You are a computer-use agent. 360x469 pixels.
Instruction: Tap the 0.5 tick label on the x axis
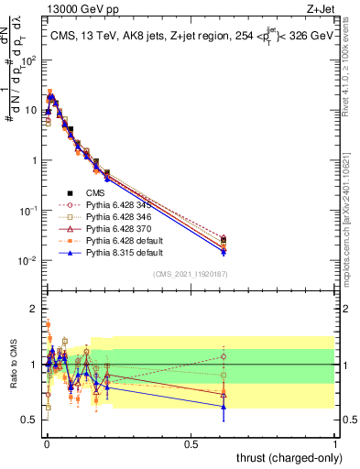click(x=191, y=444)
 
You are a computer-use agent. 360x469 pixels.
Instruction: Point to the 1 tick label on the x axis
click(x=335, y=444)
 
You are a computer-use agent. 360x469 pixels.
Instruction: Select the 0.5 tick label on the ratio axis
click(x=30, y=420)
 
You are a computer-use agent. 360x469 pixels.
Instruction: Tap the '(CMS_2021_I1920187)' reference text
click(x=190, y=274)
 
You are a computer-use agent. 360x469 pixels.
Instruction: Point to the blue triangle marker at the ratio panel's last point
click(x=224, y=406)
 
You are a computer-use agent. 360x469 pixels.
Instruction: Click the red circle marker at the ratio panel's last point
click(x=224, y=357)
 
